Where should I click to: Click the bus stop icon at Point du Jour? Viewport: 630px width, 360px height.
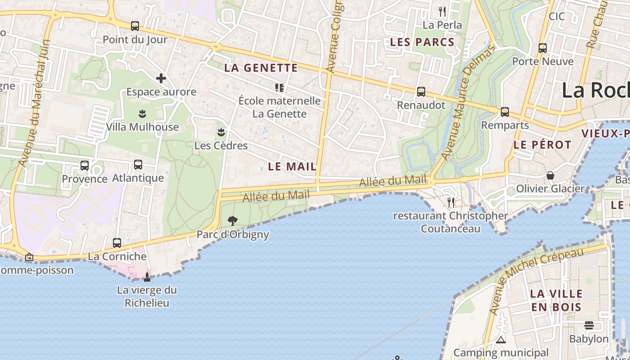click(135, 26)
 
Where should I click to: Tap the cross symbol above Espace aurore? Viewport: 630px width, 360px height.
click(161, 78)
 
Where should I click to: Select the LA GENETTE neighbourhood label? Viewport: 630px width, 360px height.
click(261, 68)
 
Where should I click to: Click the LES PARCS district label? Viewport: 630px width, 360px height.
click(422, 42)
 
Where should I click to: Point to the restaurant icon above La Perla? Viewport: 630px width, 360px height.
click(442, 12)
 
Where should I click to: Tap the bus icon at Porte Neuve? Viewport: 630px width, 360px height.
click(543, 48)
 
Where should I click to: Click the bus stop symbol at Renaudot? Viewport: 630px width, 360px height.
click(421, 92)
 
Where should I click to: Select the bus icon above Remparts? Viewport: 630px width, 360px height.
click(505, 112)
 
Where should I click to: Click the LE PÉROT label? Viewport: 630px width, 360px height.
click(542, 145)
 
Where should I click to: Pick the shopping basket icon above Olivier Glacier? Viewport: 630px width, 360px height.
click(550, 175)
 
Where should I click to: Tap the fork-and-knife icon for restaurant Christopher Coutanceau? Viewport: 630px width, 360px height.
click(451, 202)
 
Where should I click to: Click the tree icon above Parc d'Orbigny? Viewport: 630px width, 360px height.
click(233, 220)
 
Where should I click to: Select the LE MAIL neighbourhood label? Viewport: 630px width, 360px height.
click(292, 166)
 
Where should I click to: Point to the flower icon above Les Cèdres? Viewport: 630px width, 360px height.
click(221, 132)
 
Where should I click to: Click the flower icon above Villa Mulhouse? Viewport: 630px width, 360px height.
click(143, 113)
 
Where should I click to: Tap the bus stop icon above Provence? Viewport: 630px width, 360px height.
click(85, 166)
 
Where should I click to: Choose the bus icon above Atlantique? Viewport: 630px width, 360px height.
click(138, 165)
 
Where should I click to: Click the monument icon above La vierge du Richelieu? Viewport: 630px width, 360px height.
click(147, 277)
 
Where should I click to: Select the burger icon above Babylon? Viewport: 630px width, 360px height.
click(589, 325)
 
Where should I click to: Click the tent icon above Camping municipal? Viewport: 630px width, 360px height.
click(501, 340)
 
